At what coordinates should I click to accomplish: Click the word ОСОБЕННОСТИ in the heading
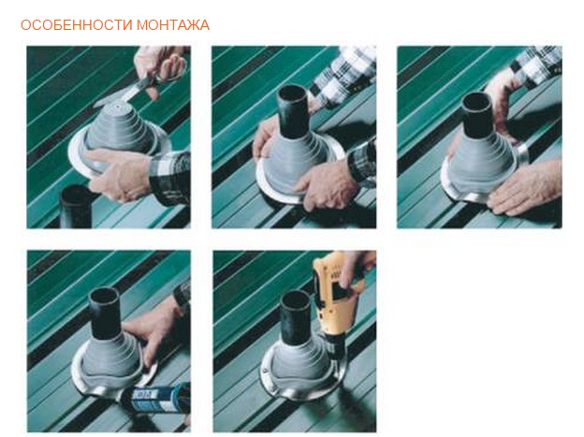pos(77,25)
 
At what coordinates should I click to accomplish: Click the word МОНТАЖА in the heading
pos(173,25)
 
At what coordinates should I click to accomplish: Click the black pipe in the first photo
pos(76,207)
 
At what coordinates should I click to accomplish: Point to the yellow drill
pos(337,295)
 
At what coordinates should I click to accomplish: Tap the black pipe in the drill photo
pos(296,317)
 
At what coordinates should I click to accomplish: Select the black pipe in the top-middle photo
pos(293,111)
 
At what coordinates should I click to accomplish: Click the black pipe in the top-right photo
pos(477,113)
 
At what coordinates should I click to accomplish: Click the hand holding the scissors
pos(160,69)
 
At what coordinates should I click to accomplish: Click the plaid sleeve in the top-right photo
pos(536,64)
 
